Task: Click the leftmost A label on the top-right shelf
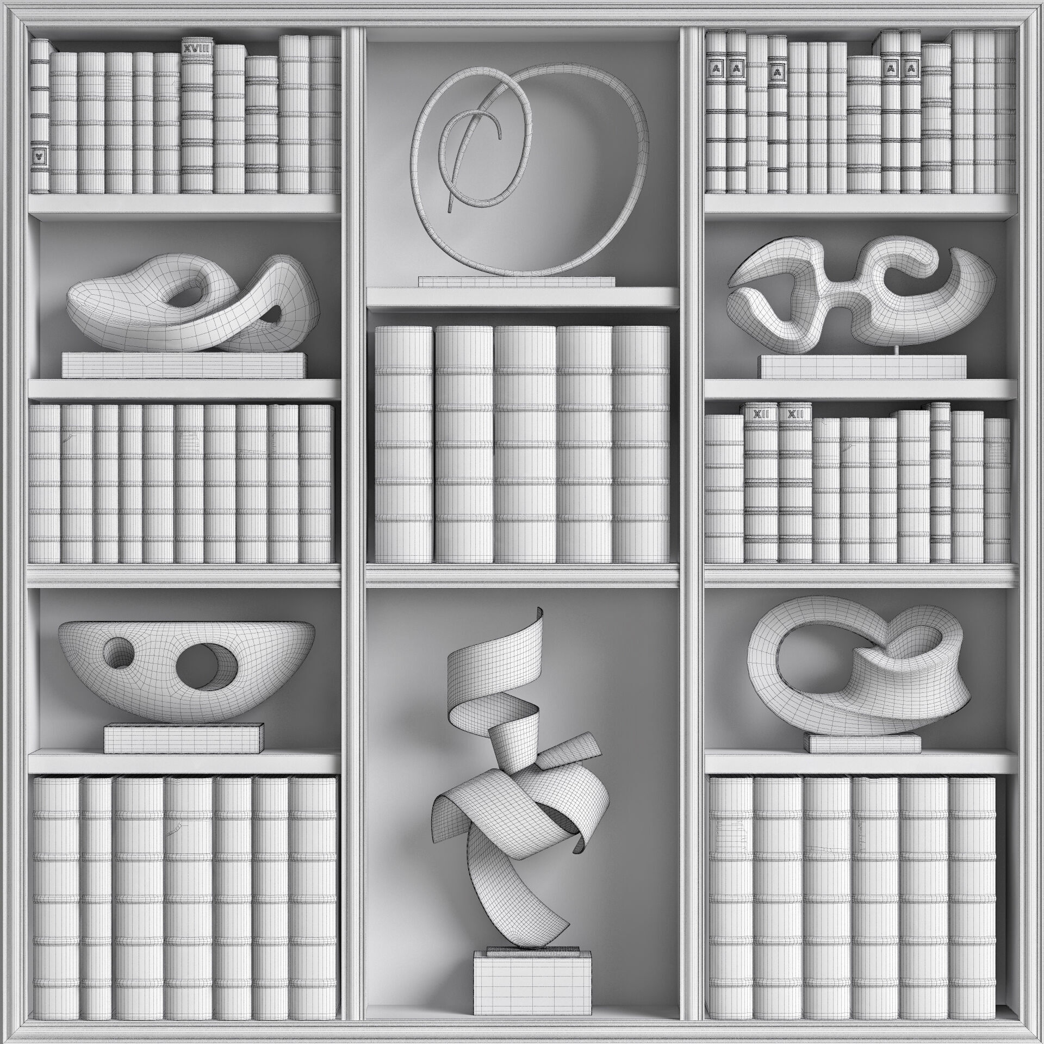(x=714, y=69)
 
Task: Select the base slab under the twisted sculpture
(x=184, y=364)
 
